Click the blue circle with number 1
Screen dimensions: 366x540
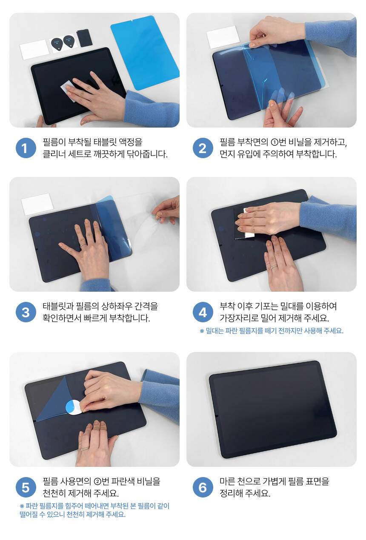tap(26, 148)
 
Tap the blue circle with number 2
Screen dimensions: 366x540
tap(203, 148)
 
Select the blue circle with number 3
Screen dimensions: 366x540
tap(26, 312)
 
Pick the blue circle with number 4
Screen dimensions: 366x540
tap(203, 312)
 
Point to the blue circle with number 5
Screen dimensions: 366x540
tap(26, 487)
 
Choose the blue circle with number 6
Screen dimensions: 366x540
tap(203, 487)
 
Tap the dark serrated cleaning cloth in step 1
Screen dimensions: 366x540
tap(84, 37)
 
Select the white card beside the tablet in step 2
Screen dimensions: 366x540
tap(223, 37)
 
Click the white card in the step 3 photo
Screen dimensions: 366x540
tap(37, 204)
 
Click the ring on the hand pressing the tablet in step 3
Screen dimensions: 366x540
tap(83, 245)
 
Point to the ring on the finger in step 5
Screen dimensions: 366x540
tap(85, 449)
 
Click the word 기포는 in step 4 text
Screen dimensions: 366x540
tap(266, 306)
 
